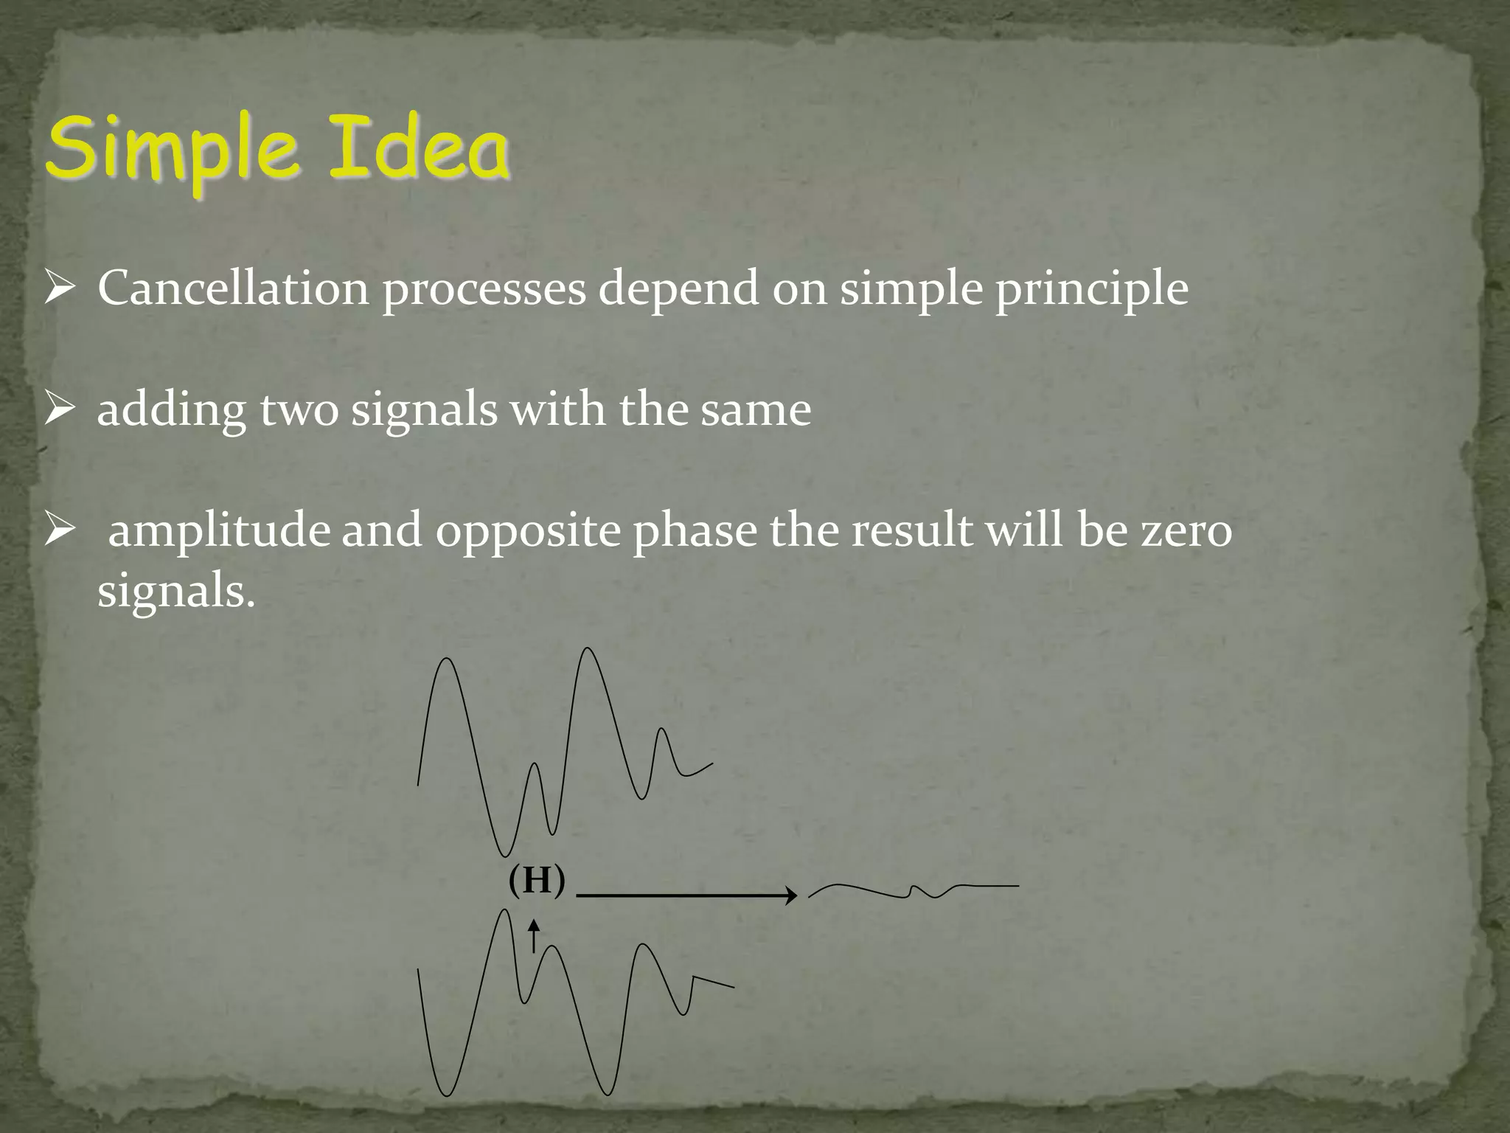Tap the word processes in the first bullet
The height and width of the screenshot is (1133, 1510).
coord(484,290)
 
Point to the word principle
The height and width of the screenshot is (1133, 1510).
coord(1092,290)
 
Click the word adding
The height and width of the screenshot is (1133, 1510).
coord(172,411)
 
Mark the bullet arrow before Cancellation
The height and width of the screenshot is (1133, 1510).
coord(58,288)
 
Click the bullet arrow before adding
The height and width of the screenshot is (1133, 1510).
coord(58,409)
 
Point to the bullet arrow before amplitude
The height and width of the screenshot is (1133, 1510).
coord(58,530)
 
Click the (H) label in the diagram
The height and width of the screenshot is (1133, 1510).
coord(537,880)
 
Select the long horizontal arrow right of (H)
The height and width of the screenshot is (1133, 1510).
coord(686,895)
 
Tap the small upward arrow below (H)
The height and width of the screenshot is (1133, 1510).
coord(534,935)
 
